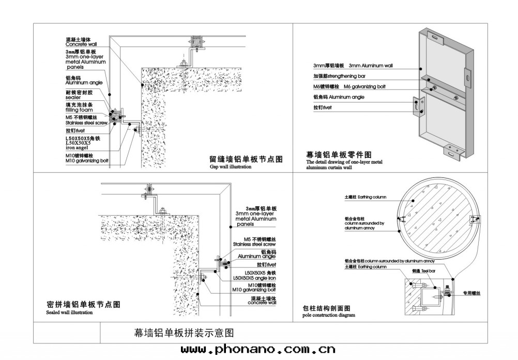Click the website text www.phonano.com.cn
pos(258,350)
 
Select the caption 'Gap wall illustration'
pos(230,167)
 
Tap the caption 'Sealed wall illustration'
pos(69,312)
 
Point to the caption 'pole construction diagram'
pos(328,314)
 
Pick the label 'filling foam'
pos(79,110)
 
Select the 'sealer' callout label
pos(73,97)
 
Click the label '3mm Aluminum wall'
pos(371,66)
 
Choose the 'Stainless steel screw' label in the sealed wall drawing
pos(255,244)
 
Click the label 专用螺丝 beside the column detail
pos(471,293)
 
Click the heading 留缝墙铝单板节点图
pos(246,160)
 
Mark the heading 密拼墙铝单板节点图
pos(83,305)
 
